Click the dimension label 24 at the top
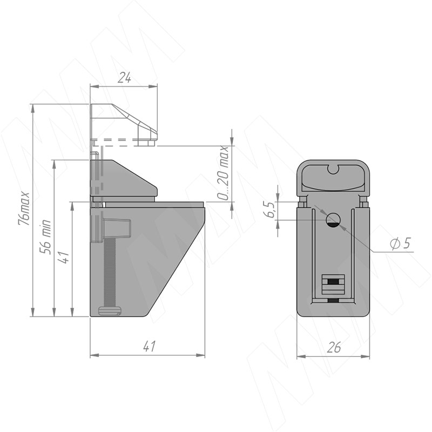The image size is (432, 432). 124,78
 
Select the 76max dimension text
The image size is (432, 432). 24,208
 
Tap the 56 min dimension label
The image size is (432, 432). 46,237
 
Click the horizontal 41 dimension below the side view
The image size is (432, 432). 150,346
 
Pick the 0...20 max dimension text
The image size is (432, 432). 222,173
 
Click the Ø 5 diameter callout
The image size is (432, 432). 401,243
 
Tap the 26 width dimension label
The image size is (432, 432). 334,347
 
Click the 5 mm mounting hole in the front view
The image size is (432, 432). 333,220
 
